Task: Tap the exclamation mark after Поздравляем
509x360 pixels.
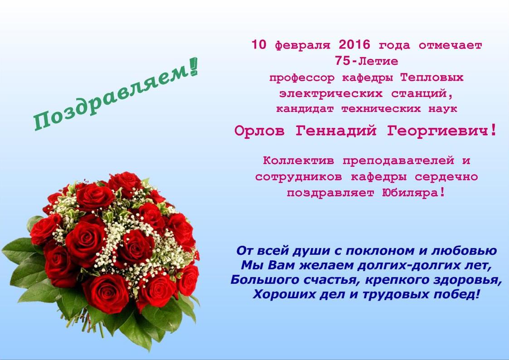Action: click(x=194, y=67)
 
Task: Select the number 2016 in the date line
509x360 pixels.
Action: click(x=354, y=45)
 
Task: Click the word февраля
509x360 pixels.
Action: click(x=302, y=46)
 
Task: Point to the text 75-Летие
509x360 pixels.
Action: click(x=367, y=61)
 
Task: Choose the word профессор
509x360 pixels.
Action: click(x=301, y=78)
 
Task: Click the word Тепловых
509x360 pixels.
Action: click(x=432, y=78)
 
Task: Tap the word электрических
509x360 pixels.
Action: click(x=331, y=94)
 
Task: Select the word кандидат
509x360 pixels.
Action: click(x=305, y=109)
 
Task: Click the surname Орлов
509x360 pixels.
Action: click(x=259, y=131)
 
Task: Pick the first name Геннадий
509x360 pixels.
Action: click(x=336, y=131)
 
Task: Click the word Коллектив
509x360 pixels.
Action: click(x=298, y=161)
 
